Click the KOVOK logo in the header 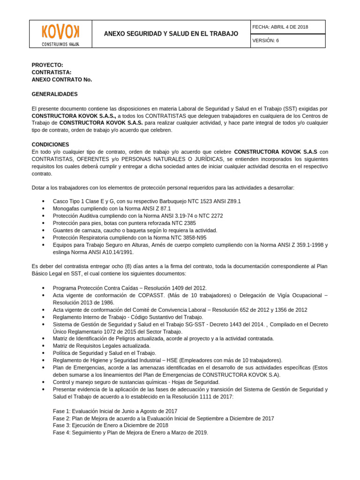[x=60, y=33]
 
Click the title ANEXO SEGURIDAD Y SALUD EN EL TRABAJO [x=171, y=34]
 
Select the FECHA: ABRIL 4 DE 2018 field [x=280, y=27]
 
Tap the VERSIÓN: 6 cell [x=265, y=41]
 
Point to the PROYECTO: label [x=47, y=65]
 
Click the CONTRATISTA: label [x=52, y=72]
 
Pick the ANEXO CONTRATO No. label [x=62, y=79]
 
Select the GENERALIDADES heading [x=54, y=94]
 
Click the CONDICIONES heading [x=50, y=144]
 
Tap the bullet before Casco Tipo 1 [x=43, y=201]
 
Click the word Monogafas [x=67, y=208]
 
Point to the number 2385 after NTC [x=189, y=223]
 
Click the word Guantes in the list [x=63, y=231]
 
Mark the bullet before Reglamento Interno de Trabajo [x=43, y=317]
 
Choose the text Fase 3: [x=61, y=425]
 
